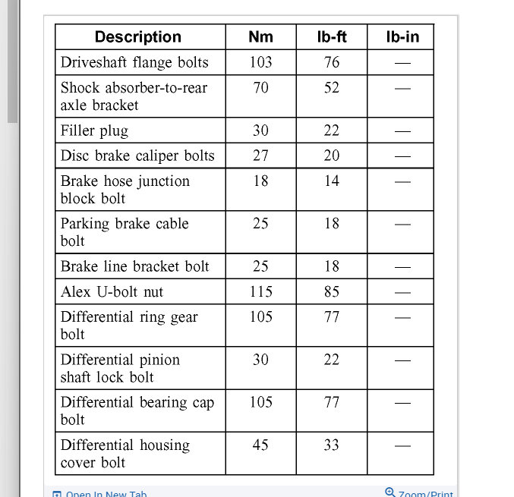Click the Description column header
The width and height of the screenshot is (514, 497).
pos(138,36)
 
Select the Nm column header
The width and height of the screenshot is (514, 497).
pos(260,36)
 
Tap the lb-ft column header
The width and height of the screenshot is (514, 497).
pos(331,36)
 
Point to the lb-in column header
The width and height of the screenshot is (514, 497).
pos(402,36)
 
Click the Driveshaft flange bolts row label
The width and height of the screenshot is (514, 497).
pos(134,62)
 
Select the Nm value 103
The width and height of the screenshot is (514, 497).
pos(260,62)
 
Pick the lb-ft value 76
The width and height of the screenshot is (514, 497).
pos(332,62)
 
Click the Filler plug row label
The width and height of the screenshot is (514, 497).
pos(95,131)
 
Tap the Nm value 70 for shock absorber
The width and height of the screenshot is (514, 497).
pos(260,87)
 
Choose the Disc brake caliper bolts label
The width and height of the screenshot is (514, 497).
pos(137,156)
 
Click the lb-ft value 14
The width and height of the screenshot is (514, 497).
pos(332,181)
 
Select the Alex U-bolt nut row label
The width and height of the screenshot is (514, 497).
pos(112,291)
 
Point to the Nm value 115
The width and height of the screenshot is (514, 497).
pos(260,291)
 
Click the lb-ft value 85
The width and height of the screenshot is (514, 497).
pos(332,291)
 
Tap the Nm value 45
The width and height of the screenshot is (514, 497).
pos(260,445)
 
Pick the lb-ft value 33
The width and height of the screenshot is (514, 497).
pos(332,445)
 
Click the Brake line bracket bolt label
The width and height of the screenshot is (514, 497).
pos(135,266)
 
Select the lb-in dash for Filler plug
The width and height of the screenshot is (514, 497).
pos(402,131)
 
